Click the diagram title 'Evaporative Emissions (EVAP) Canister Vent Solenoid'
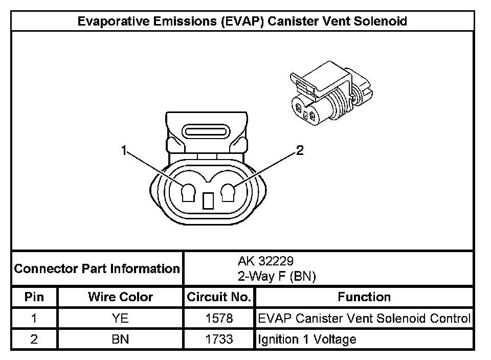242,21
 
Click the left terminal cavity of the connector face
188,193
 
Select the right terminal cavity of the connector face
228,193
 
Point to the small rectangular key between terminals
208,201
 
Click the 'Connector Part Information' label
97,268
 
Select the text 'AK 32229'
265,261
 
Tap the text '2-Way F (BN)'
276,277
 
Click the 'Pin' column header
34,297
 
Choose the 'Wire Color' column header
120,297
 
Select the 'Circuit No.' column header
219,297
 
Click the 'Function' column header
364,297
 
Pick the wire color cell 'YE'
120,319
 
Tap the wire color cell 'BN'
120,339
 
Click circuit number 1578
219,319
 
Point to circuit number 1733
219,339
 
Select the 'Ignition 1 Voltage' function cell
307,339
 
